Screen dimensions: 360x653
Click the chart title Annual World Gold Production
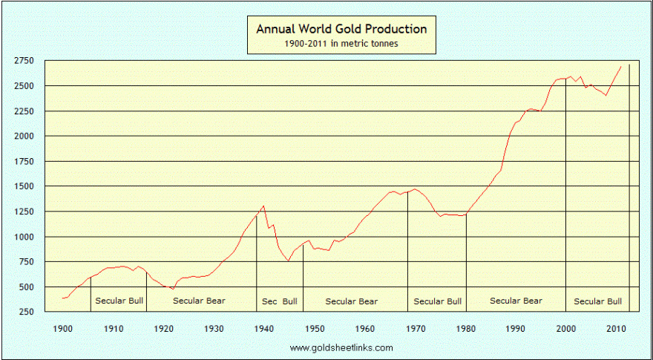tap(341, 30)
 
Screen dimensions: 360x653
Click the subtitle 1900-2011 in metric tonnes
tap(341, 45)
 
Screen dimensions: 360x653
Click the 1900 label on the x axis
tap(63, 328)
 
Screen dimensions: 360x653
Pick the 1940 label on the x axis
tap(264, 328)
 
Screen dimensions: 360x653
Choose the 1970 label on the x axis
tap(416, 328)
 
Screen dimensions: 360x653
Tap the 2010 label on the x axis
tap(616, 328)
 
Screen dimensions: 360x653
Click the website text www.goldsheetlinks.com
tap(341, 347)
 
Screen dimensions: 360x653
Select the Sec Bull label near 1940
tap(279, 301)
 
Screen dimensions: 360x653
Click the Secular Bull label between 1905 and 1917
tap(119, 301)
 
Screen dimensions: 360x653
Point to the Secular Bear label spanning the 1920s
tap(199, 301)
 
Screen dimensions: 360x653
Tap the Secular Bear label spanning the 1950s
tap(352, 301)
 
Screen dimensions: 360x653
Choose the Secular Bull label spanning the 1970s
tap(438, 301)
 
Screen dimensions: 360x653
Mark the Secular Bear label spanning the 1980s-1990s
tap(516, 301)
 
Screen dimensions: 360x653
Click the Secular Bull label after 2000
tap(598, 301)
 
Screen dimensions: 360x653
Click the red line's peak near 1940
tap(263, 206)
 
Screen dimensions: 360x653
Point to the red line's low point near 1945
tap(288, 261)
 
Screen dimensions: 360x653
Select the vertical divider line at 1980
tap(466, 260)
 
